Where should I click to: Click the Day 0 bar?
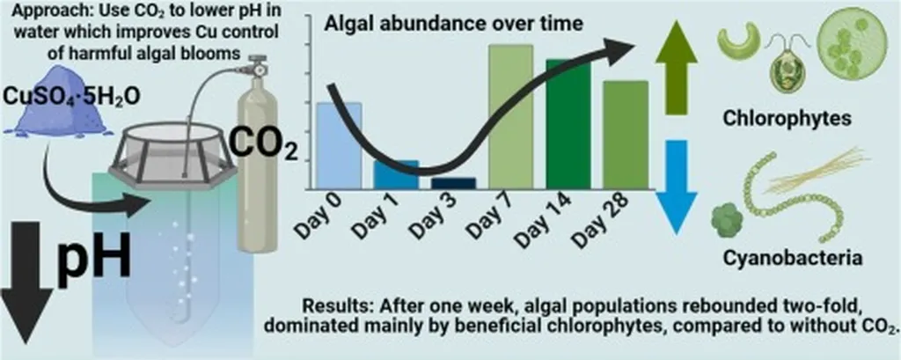point(338,145)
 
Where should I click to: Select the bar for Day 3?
point(452,183)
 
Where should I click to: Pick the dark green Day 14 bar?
point(568,123)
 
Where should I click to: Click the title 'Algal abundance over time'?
point(453,24)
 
